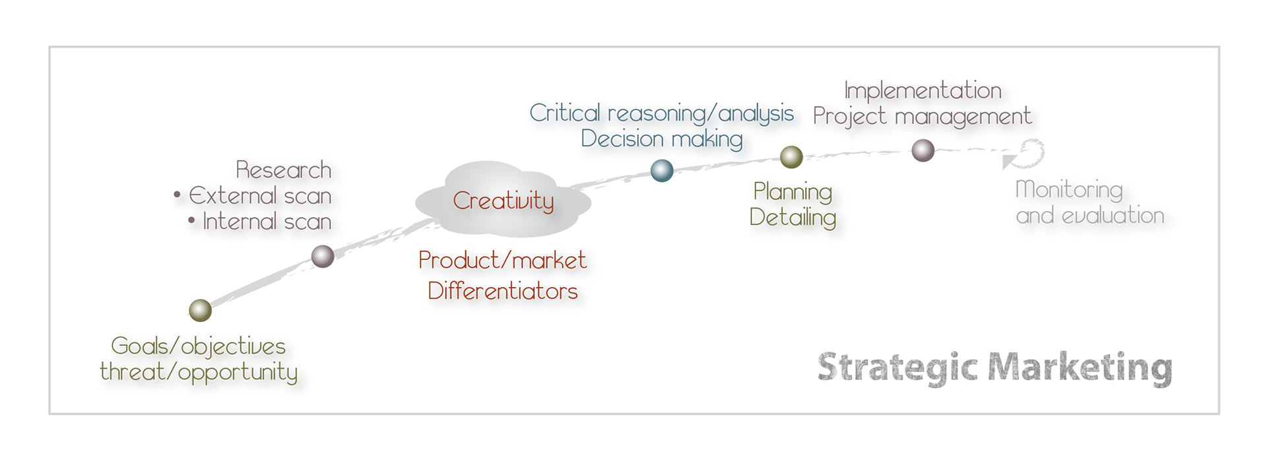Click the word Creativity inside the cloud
click(x=503, y=201)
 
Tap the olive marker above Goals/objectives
click(x=200, y=309)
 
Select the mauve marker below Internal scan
click(x=323, y=256)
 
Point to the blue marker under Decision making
click(x=662, y=170)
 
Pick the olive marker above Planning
click(x=791, y=157)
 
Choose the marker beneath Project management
click(x=923, y=150)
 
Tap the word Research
click(x=284, y=170)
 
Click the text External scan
click(x=260, y=196)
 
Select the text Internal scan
click(x=267, y=222)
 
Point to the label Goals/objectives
click(x=198, y=346)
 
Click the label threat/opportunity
click(x=199, y=372)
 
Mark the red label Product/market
click(x=503, y=260)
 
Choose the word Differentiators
click(x=503, y=291)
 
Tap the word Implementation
click(x=923, y=90)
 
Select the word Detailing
click(x=793, y=217)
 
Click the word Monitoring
click(x=1069, y=190)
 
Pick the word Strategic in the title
click(x=897, y=368)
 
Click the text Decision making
click(x=662, y=139)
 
